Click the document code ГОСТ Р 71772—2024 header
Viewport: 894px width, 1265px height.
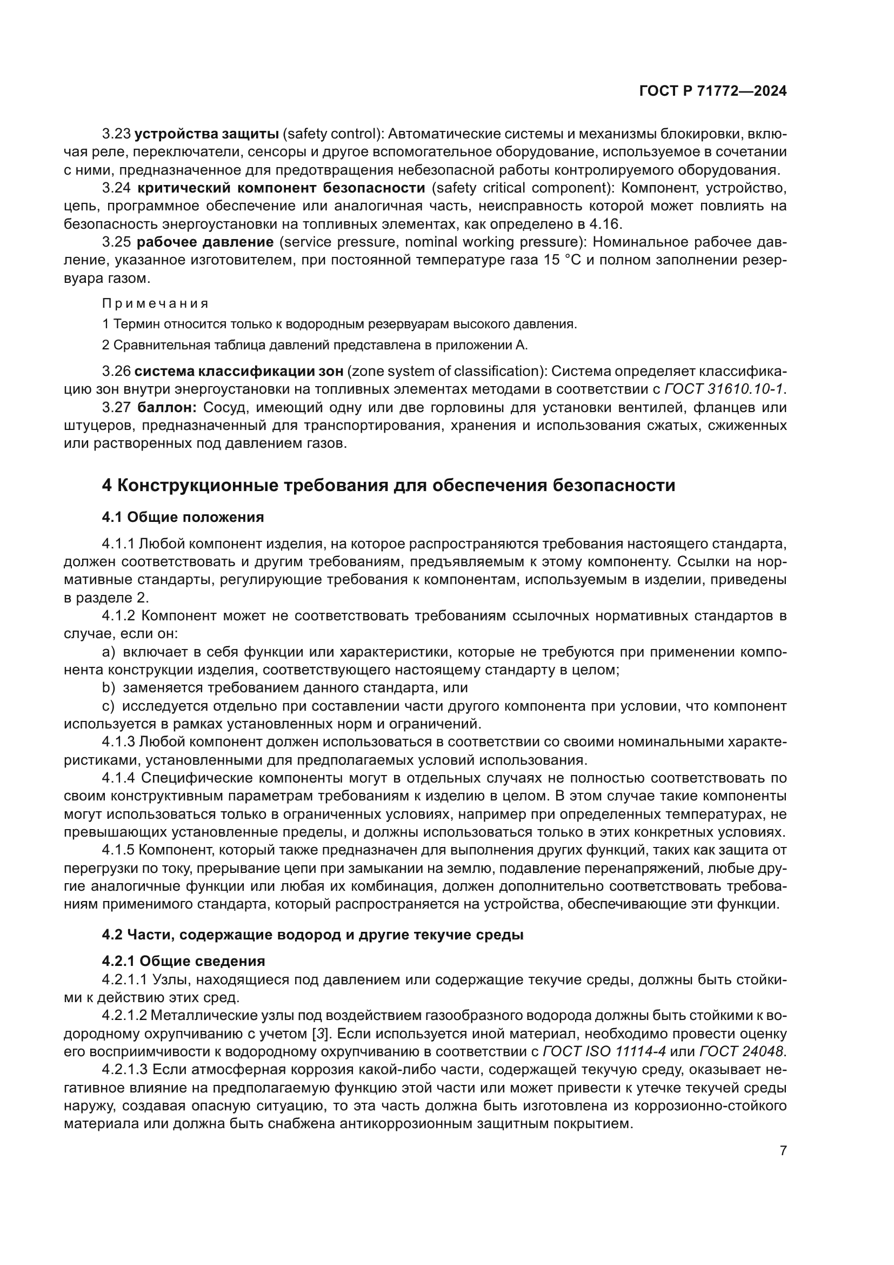(713, 91)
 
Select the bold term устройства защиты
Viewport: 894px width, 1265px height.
(206, 134)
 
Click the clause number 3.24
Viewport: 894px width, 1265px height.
(116, 188)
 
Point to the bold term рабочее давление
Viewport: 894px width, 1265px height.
(205, 242)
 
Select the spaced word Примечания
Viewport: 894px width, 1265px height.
(155, 303)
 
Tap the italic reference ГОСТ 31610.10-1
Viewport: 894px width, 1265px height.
(724, 389)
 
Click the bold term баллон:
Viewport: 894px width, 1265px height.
(167, 407)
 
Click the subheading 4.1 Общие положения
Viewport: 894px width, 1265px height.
(183, 517)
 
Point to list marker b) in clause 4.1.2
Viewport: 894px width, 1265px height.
(109, 687)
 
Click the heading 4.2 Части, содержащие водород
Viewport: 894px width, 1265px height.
(312, 935)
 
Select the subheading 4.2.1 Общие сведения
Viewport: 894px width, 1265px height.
(183, 961)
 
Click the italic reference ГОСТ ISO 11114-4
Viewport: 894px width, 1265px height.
(604, 1051)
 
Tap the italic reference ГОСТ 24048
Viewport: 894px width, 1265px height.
(742, 1051)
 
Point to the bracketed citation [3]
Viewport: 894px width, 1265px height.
(318, 1033)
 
